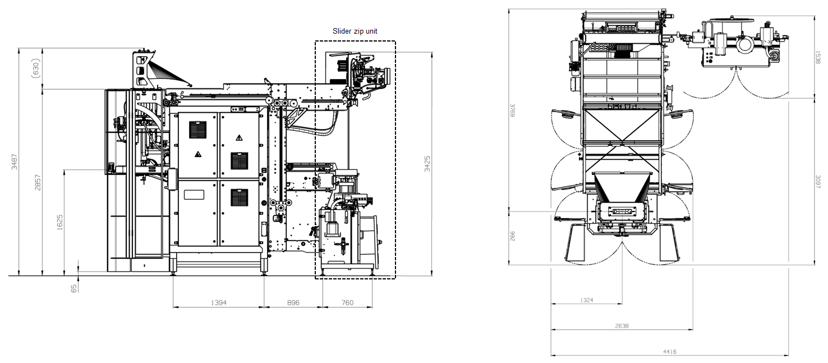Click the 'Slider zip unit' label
point(355,31)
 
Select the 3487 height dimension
point(15,162)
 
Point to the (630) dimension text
point(36,68)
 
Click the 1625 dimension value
point(60,223)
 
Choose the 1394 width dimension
point(218,302)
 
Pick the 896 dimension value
point(293,302)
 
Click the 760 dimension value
point(347,302)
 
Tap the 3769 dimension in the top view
point(512,112)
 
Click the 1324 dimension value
point(586,300)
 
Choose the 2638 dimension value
point(622,326)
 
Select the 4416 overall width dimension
point(669,352)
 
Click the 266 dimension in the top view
point(512,236)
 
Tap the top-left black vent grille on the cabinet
point(198,130)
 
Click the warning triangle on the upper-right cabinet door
point(239,137)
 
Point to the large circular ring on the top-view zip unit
point(746,44)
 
